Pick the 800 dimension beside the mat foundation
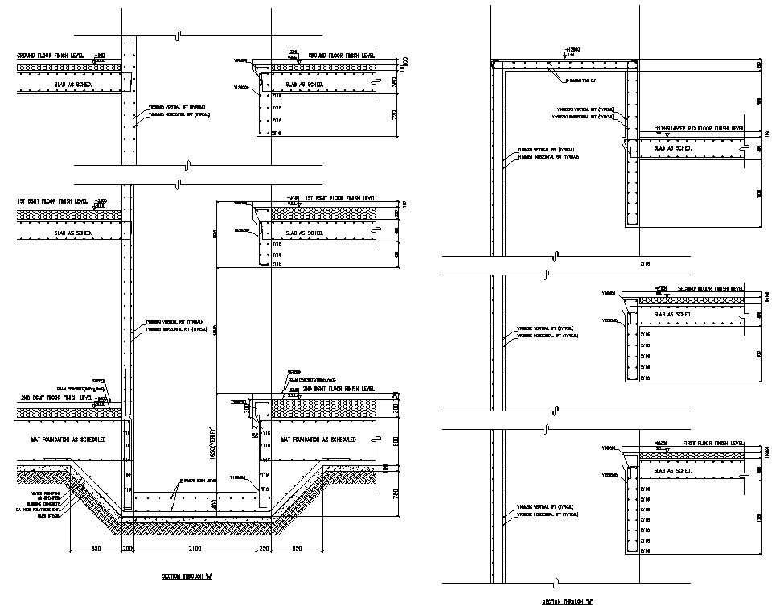(394, 441)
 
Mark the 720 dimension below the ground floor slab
(394, 115)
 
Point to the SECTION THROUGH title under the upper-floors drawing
(567, 601)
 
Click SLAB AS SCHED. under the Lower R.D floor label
(672, 149)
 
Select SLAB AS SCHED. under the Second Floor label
(674, 314)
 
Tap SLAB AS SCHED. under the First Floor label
(674, 470)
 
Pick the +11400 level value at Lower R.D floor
(662, 128)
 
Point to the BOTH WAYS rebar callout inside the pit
(199, 481)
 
